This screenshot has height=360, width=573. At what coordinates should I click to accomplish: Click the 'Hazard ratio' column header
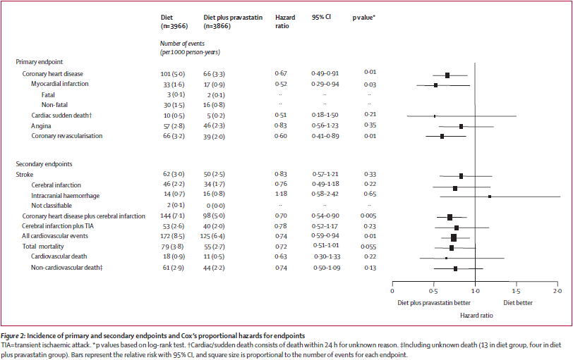click(x=285, y=20)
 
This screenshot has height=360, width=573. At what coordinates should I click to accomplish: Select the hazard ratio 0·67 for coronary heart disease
click(x=281, y=73)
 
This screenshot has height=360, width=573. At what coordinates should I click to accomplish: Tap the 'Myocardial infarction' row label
click(x=60, y=83)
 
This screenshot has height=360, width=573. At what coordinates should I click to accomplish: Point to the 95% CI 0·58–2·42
click(x=326, y=195)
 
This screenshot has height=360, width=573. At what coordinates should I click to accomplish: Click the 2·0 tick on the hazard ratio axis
click(x=557, y=291)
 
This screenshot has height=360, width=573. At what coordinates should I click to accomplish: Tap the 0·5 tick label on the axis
click(x=434, y=291)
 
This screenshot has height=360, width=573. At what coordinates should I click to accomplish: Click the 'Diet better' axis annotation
click(x=518, y=304)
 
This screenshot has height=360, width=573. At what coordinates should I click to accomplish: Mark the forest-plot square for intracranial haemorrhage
click(x=490, y=197)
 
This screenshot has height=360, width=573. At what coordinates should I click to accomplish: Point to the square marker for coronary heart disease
click(x=447, y=75)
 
